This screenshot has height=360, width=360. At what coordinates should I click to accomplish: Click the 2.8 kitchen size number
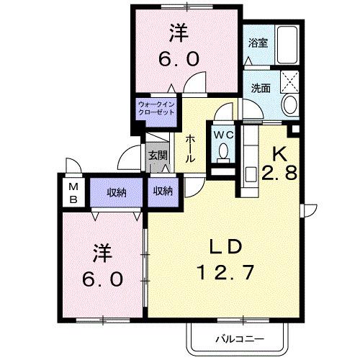pos(281,173)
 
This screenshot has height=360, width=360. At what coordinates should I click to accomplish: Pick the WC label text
pos(222,135)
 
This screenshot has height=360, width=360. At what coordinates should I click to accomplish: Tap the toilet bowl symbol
pos(223,152)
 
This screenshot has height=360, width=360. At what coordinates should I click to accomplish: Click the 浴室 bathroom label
pos(258,42)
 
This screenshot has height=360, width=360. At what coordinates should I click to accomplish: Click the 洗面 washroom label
pos(261,88)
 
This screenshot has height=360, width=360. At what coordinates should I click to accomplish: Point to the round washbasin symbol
pos(291,105)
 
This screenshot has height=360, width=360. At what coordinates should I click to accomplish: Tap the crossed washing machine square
pos(292,80)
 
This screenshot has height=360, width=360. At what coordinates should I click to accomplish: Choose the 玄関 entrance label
pos(158,155)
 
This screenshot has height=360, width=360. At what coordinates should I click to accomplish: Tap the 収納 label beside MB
pos(117,192)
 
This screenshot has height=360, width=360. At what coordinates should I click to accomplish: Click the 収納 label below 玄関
pos(162,191)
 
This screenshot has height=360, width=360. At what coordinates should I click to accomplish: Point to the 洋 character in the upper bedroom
pos(179,33)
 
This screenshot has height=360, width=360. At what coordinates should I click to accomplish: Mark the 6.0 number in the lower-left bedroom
pos(102,276)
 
